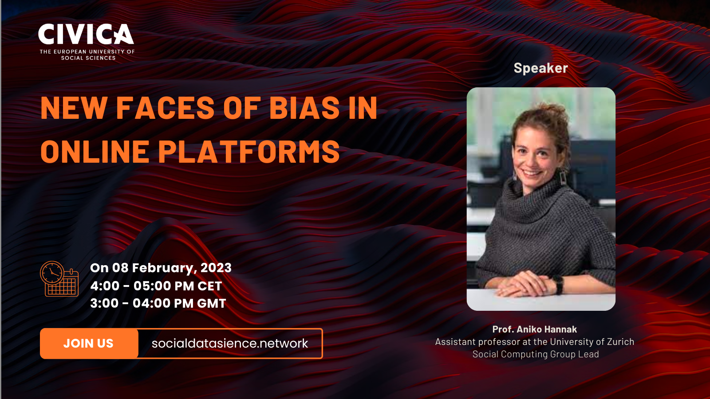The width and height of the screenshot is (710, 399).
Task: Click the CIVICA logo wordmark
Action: (x=86, y=34)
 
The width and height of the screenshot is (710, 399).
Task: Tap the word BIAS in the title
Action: (x=305, y=108)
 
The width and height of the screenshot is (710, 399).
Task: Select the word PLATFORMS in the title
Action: (x=249, y=151)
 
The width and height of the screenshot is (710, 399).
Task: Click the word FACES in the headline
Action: (x=166, y=108)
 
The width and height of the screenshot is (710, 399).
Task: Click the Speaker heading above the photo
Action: (x=541, y=68)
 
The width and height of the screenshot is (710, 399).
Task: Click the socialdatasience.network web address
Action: (x=230, y=343)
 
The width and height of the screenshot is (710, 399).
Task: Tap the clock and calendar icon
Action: (x=59, y=279)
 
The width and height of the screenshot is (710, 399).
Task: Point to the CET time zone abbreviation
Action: (x=209, y=286)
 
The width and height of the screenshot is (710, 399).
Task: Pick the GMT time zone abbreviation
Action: (x=211, y=303)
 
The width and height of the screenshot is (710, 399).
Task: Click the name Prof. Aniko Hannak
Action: (x=534, y=329)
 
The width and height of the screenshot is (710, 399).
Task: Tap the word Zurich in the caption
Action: (x=620, y=342)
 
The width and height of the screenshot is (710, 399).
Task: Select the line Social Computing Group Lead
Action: (x=536, y=354)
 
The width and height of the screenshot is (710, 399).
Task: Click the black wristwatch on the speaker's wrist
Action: (x=558, y=284)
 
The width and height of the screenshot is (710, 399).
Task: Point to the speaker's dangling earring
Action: (x=563, y=178)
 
